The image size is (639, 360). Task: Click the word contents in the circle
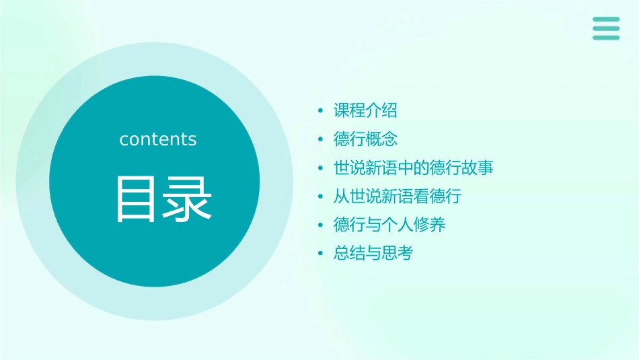pyautogui.click(x=158, y=139)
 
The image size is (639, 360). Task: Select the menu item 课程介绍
pyautogui.click(x=365, y=110)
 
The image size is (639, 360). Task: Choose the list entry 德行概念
pyautogui.click(x=365, y=139)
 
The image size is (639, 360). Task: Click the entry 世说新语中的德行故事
pyautogui.click(x=413, y=168)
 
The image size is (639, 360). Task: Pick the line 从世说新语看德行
pyautogui.click(x=397, y=196)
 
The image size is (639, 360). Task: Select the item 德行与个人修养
pyautogui.click(x=389, y=225)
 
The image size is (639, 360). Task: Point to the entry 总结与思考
pyautogui.click(x=373, y=254)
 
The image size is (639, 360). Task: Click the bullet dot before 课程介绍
pyautogui.click(x=321, y=111)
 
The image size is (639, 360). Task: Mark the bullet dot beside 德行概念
pyautogui.click(x=321, y=139)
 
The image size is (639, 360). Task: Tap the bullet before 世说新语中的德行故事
pyautogui.click(x=321, y=168)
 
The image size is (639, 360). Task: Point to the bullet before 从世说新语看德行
pyautogui.click(x=321, y=196)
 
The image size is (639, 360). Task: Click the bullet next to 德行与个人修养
pyautogui.click(x=321, y=225)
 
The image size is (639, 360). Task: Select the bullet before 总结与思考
pyautogui.click(x=321, y=254)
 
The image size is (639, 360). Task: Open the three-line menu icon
pyautogui.click(x=606, y=28)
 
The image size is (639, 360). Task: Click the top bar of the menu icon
pyautogui.click(x=606, y=20)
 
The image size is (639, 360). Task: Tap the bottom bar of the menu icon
pyautogui.click(x=606, y=38)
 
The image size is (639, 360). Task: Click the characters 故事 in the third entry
pyautogui.click(x=478, y=168)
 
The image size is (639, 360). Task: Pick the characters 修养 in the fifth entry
pyautogui.click(x=430, y=225)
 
